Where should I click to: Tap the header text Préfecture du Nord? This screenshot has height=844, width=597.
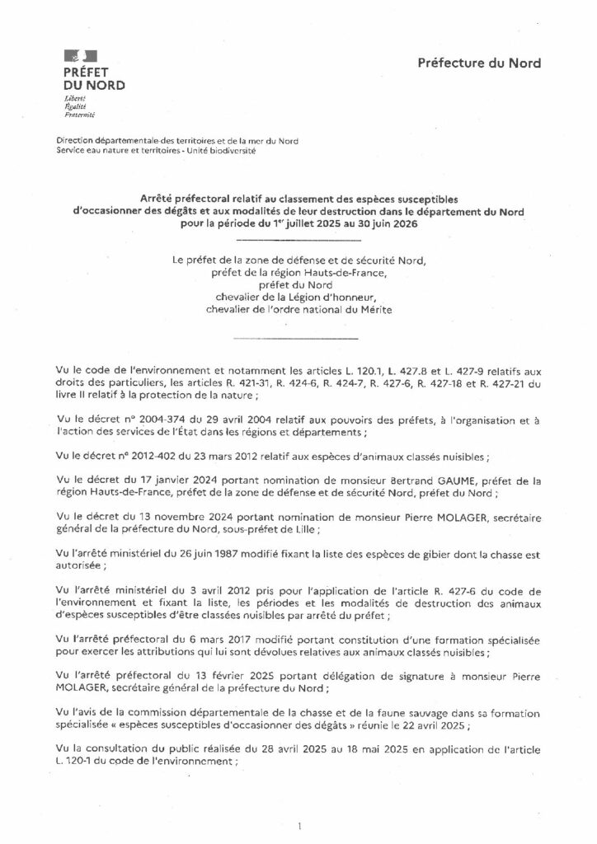(479, 63)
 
